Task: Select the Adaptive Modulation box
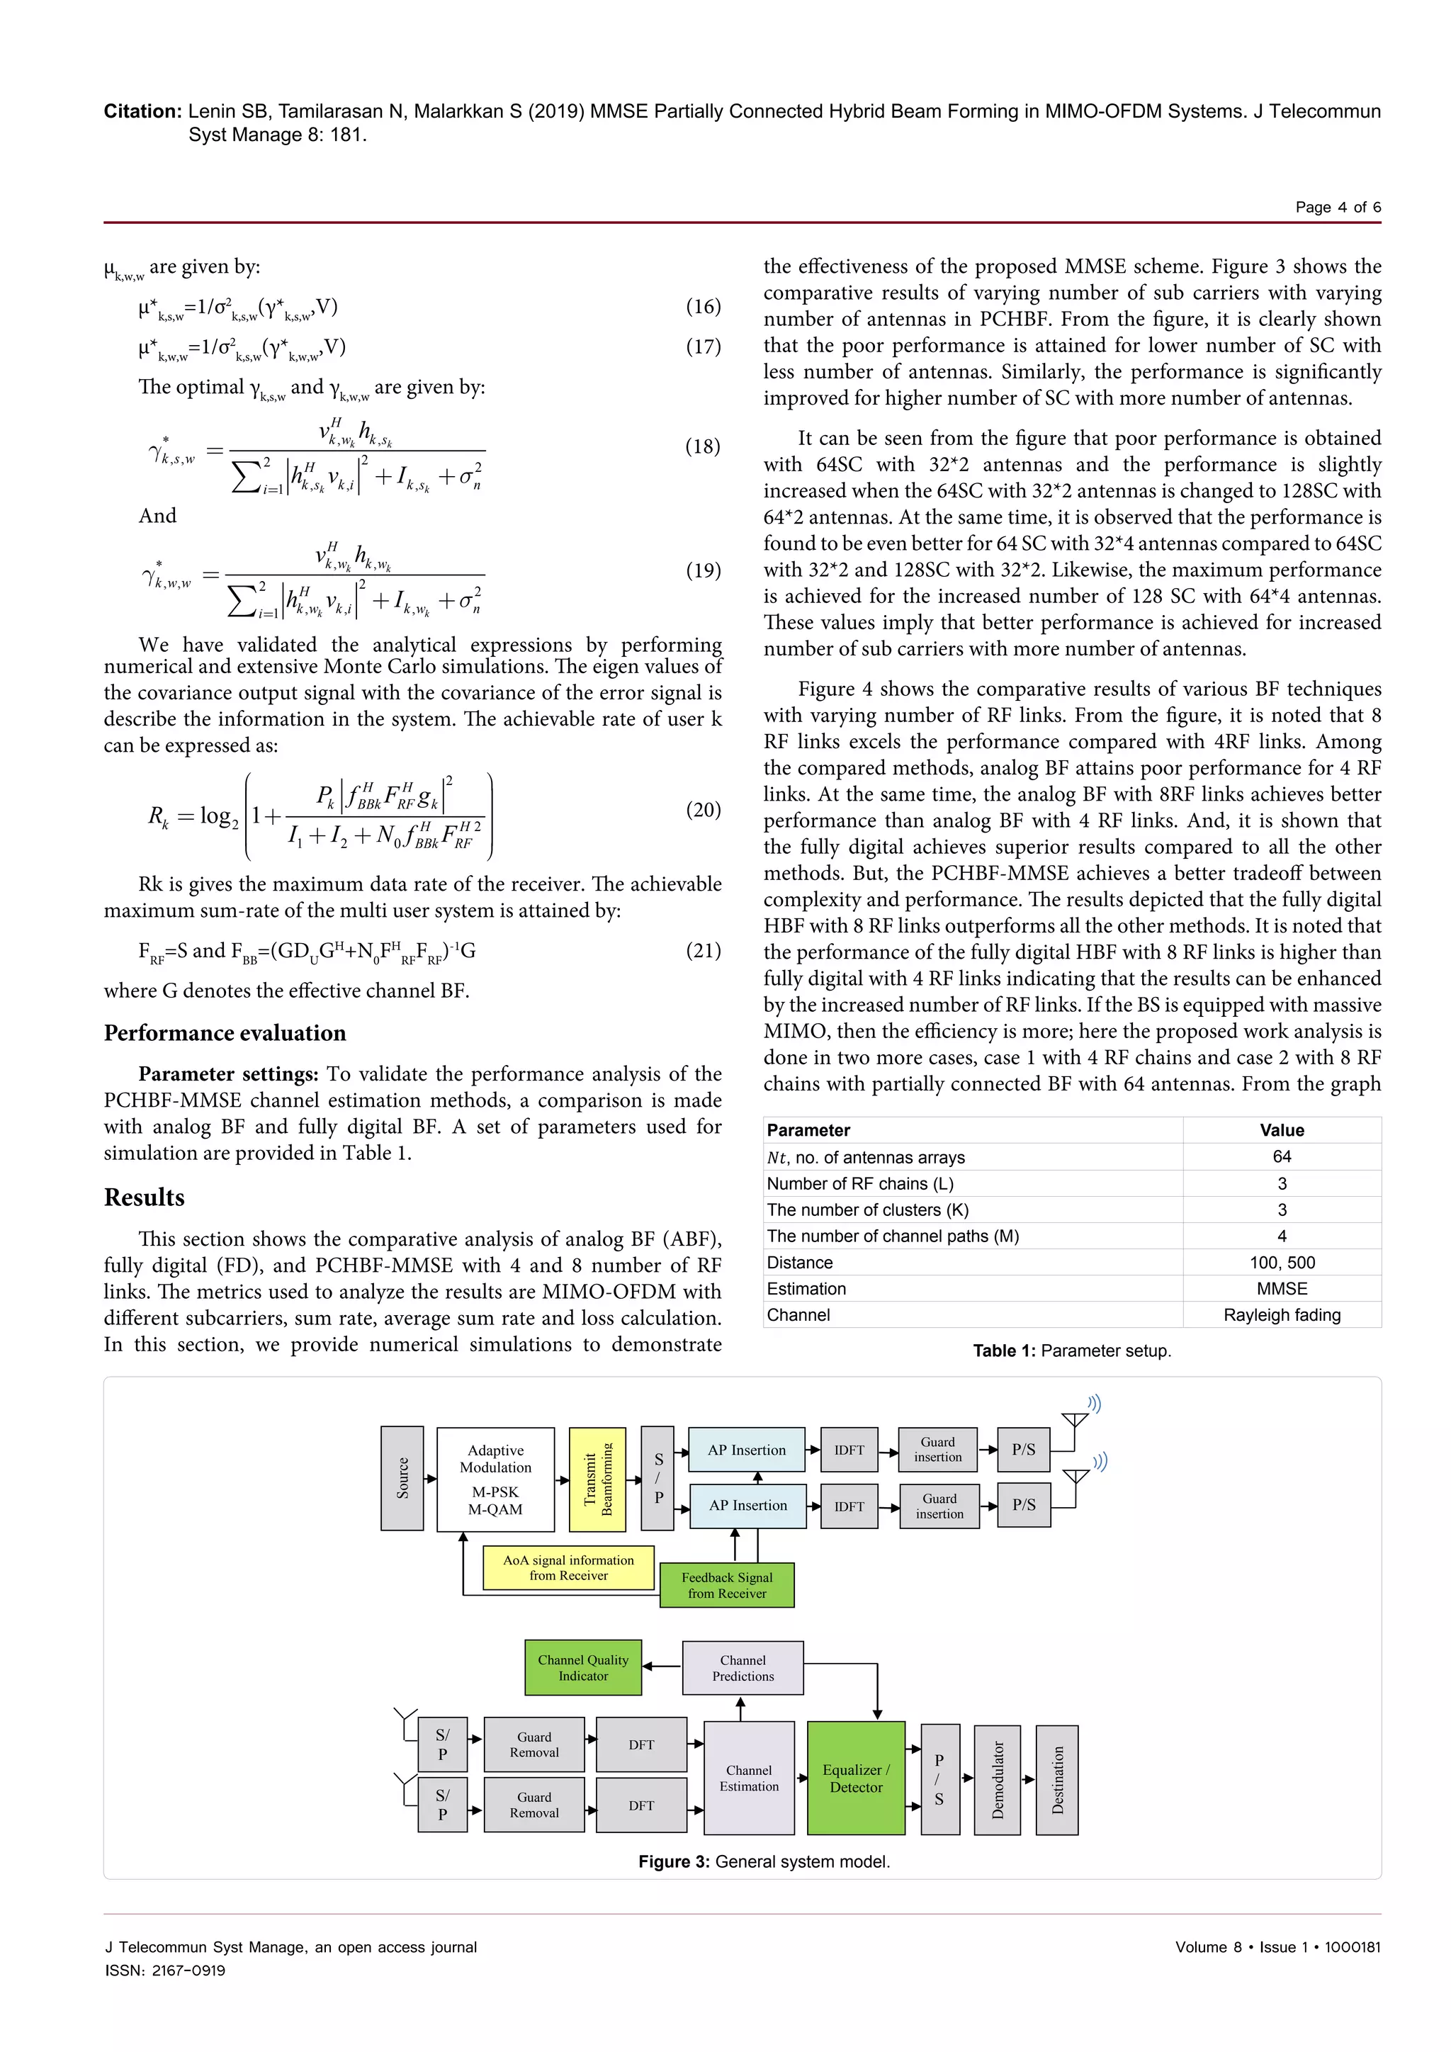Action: point(495,1479)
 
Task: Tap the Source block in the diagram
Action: point(402,1478)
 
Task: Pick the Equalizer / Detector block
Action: point(856,1778)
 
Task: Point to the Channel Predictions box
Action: point(743,1668)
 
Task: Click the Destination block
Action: point(1058,1779)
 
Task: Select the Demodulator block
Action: point(997,1779)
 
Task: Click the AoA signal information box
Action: point(568,1567)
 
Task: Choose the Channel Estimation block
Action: point(749,1778)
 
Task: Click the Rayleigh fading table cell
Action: point(1281,1314)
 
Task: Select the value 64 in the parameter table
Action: point(1281,1156)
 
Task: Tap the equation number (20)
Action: point(703,810)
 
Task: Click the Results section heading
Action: point(144,1197)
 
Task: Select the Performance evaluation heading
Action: point(225,1033)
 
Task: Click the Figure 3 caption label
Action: point(674,1861)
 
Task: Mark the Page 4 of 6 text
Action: point(1338,208)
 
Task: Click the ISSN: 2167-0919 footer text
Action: point(165,1970)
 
